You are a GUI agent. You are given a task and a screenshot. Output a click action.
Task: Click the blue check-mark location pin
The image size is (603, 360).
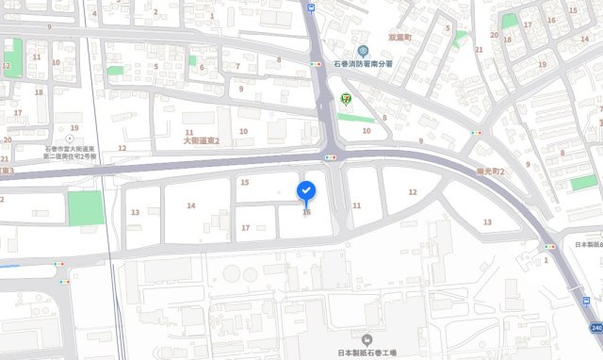pos(307,191)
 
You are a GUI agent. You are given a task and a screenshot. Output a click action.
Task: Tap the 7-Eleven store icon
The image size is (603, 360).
pos(345,98)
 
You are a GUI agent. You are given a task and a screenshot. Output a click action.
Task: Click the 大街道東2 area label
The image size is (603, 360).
pos(201,140)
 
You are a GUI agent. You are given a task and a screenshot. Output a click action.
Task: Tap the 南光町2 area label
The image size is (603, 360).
pos(489,172)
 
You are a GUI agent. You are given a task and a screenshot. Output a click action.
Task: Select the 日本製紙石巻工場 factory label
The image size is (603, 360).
pos(367,353)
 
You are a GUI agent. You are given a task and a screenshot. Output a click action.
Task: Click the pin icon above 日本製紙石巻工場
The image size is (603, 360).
pos(367,339)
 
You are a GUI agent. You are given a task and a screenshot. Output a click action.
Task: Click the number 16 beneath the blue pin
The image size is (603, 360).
pos(306,212)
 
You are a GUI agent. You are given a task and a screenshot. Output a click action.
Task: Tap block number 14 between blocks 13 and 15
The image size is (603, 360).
pos(190,205)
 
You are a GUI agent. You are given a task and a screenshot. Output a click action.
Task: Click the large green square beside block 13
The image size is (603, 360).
pos(86,207)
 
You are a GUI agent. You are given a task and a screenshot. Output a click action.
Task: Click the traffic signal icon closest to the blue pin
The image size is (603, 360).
pos(331,156)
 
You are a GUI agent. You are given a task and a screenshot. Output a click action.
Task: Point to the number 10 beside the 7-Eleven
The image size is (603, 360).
pos(367,131)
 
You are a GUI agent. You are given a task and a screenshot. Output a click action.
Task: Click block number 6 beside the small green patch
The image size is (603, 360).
pos(202,67)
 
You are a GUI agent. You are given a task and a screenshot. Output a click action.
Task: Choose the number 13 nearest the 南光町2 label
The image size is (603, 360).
pos(487,221)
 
